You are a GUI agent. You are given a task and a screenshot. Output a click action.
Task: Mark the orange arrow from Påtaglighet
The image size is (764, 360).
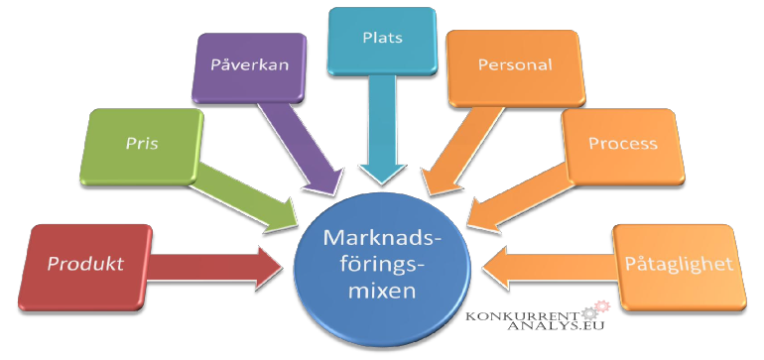[x=551, y=265]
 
